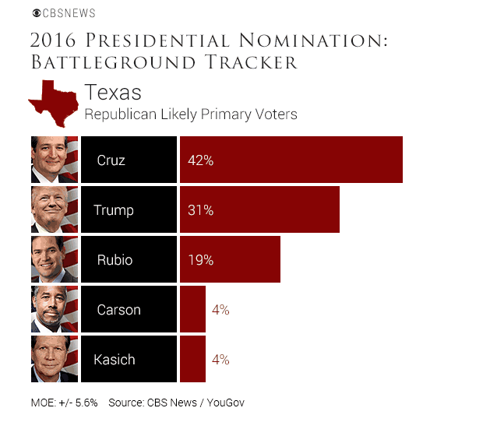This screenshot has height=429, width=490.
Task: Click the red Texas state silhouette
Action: coord(53,101)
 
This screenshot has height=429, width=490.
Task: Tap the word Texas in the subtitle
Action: coord(113,93)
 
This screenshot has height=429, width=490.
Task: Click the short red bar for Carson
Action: coord(192,310)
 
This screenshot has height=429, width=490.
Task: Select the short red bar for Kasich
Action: coord(192,360)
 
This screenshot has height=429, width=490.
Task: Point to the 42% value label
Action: coord(200,160)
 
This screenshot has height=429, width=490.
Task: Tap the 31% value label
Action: coord(200,210)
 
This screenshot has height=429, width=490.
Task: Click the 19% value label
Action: coord(200,260)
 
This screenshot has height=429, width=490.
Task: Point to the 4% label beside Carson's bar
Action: coord(220,310)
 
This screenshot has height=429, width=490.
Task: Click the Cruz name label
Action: coord(111,160)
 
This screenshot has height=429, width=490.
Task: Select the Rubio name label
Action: coord(115,260)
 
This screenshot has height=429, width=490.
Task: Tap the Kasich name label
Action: coord(115,360)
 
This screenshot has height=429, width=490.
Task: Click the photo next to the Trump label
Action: coord(55,210)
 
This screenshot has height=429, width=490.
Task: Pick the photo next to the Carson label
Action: coord(55,310)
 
